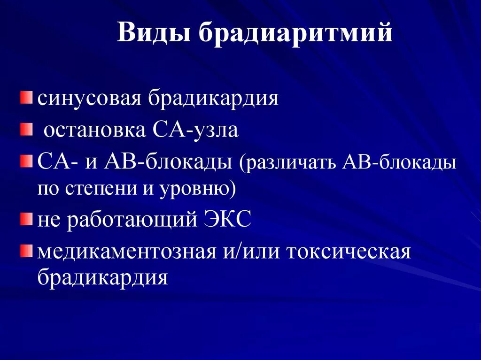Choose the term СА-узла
pos(195,130)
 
